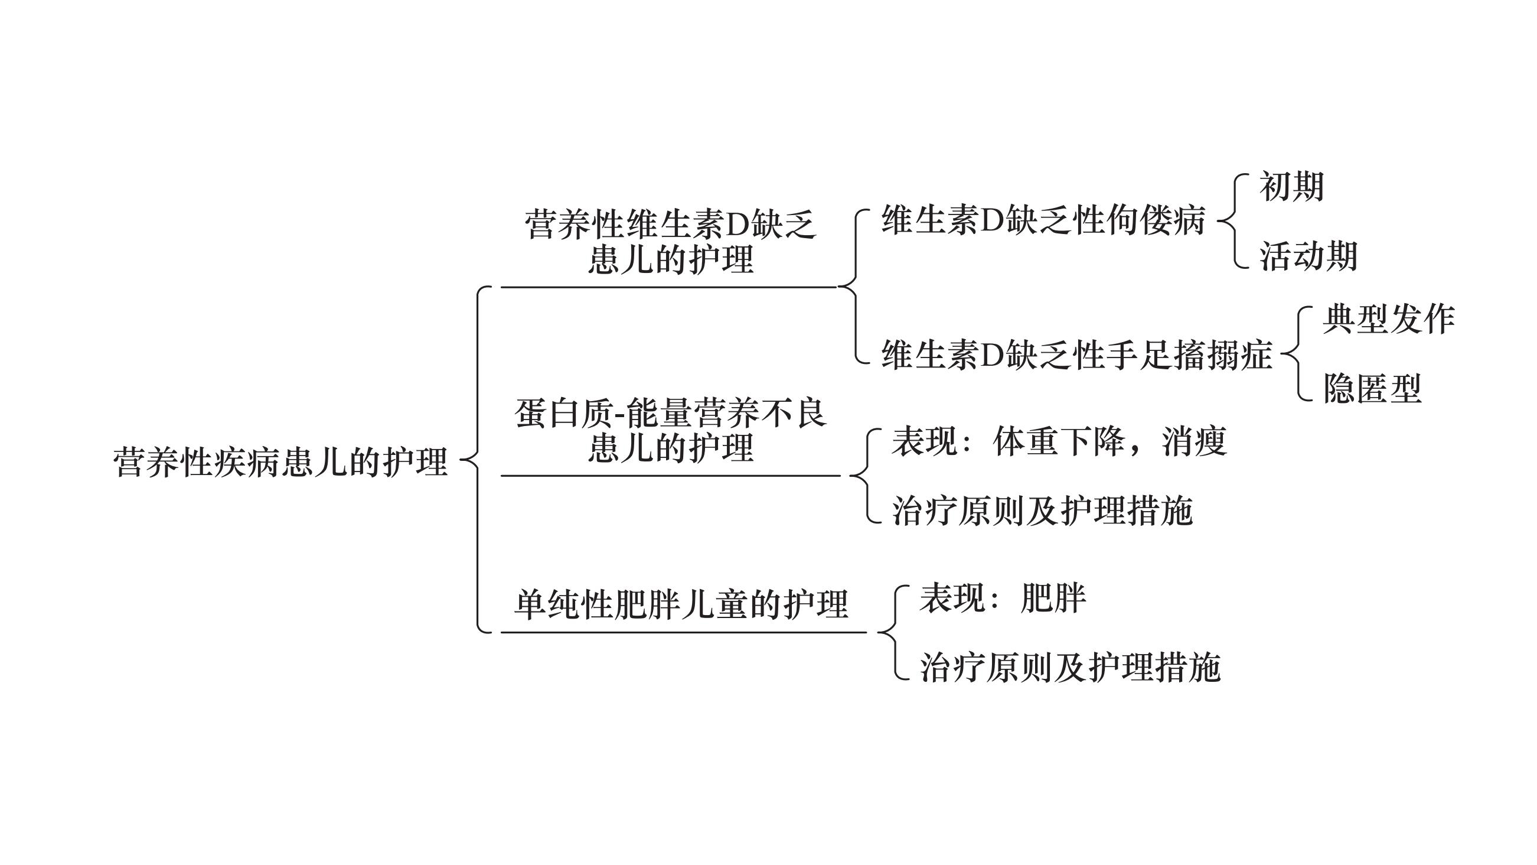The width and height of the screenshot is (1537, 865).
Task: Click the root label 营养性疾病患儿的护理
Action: click(280, 461)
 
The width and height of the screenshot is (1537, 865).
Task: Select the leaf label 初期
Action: click(1291, 186)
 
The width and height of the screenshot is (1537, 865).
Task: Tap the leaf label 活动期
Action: click(1308, 256)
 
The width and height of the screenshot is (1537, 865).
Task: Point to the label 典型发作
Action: click(1388, 319)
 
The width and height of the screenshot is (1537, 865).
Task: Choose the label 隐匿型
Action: click(1372, 388)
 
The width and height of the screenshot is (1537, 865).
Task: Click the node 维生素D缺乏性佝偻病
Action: click(1043, 220)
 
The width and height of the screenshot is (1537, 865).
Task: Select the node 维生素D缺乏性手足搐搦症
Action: click(1076, 355)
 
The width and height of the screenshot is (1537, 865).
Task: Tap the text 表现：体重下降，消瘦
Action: click(1059, 442)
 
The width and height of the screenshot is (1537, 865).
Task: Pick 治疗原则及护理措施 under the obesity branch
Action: click(1070, 667)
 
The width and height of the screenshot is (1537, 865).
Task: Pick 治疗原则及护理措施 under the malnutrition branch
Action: click(1042, 511)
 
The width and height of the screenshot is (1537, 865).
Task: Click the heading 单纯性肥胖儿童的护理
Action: click(681, 604)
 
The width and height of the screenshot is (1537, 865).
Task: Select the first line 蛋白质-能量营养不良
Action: click(670, 413)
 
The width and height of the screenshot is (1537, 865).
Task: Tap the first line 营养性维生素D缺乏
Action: click(670, 225)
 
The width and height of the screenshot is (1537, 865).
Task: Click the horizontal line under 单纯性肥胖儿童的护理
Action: click(683, 632)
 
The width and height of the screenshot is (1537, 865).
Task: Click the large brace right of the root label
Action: click(478, 460)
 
